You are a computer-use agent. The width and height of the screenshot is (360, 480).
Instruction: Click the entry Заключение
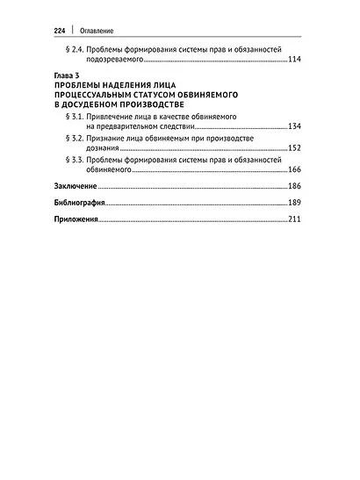coord(75,189)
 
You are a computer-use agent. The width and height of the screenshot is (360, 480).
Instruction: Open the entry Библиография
coord(76,204)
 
